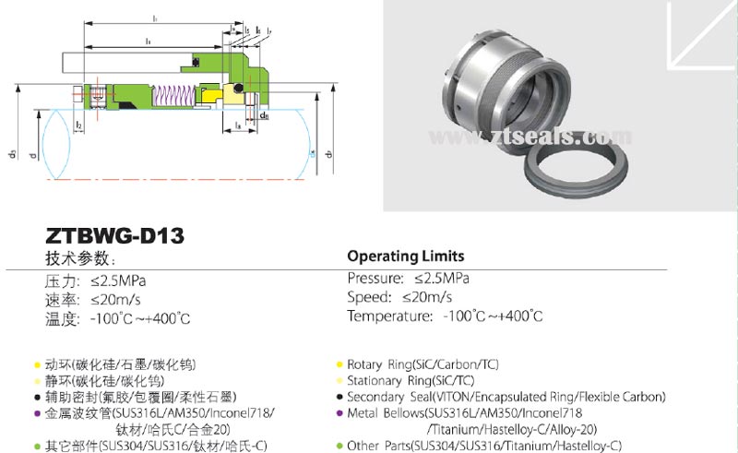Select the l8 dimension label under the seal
pyautogui.click(x=239, y=123)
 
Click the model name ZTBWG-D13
pyautogui.click(x=114, y=236)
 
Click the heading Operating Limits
pyautogui.click(x=405, y=256)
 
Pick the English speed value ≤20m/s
pyautogui.click(x=426, y=296)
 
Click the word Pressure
pyautogui.click(x=375, y=278)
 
